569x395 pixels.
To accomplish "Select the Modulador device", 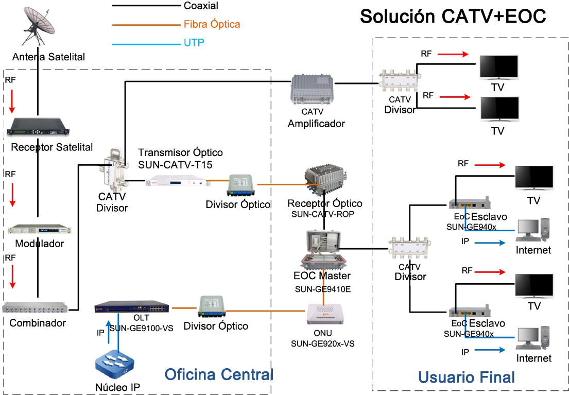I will point(39,231).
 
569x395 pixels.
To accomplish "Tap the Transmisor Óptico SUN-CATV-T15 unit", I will point(175,181).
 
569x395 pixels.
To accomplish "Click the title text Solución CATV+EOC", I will point(453,16).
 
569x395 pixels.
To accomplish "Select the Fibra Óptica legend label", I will point(212,24).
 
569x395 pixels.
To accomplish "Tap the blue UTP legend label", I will point(194,43).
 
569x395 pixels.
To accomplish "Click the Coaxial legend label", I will point(201,6).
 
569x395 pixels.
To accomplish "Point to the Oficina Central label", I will point(218,374).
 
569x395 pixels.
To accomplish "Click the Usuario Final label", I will point(466,377).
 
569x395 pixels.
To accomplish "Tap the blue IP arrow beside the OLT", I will point(108,332).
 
